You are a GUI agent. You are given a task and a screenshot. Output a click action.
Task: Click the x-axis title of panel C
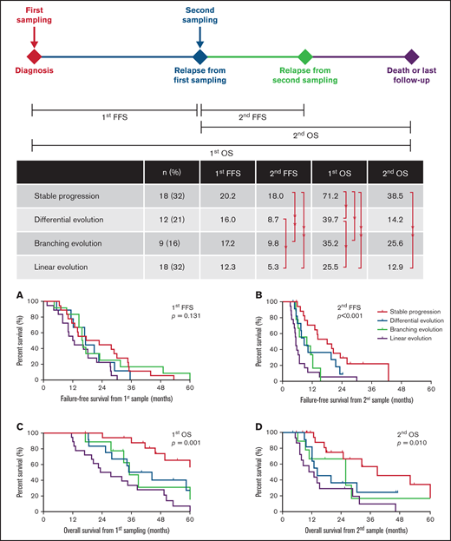(120, 529)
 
